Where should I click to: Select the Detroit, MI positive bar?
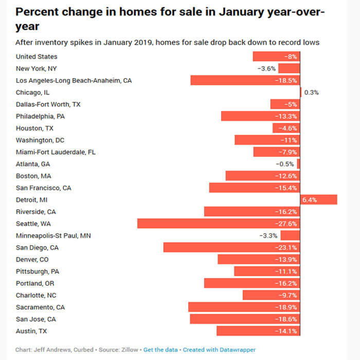318,200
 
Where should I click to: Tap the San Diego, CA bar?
231,247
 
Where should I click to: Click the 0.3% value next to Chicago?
312,93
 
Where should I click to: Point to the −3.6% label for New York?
266,68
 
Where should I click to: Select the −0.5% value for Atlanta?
284,164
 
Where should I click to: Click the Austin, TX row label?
31,331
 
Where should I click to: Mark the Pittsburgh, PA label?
38,272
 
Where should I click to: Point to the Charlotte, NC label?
37,295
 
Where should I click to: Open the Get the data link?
160,350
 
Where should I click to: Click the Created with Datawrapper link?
219,350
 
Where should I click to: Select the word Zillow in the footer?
129,350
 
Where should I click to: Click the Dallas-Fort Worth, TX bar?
285,104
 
